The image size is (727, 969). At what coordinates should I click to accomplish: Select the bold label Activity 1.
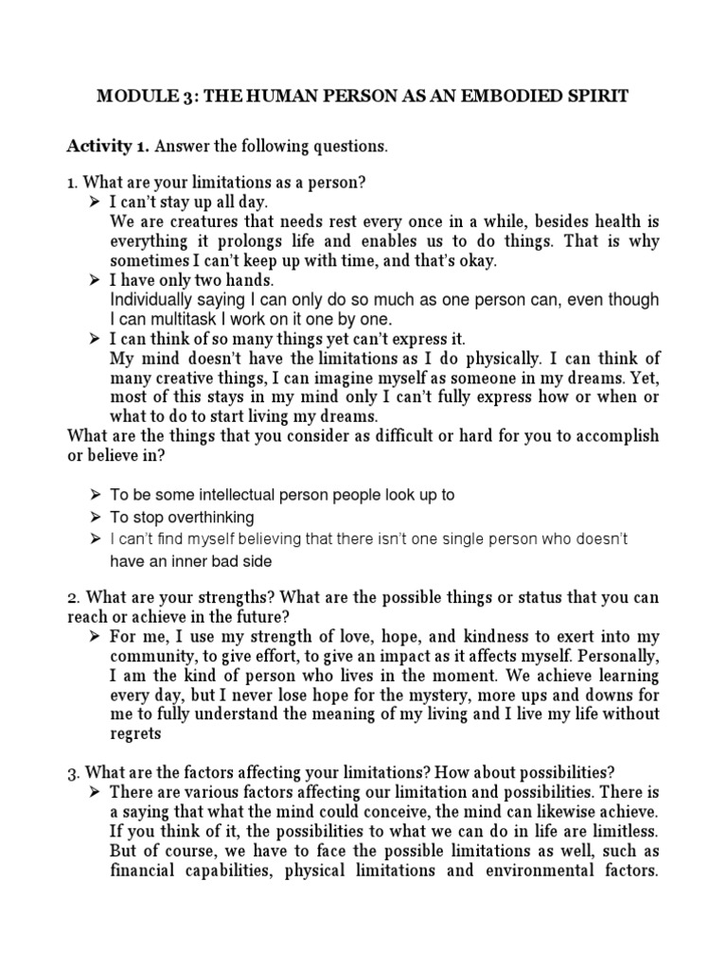(x=107, y=146)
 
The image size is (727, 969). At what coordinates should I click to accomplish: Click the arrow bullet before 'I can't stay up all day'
(x=94, y=202)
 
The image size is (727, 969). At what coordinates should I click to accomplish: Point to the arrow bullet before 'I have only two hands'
(x=94, y=280)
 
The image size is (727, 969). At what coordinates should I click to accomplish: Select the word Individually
(x=155, y=300)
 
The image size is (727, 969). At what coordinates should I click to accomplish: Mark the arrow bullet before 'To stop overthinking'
(x=94, y=517)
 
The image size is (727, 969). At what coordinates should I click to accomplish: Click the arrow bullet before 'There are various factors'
(x=94, y=791)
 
